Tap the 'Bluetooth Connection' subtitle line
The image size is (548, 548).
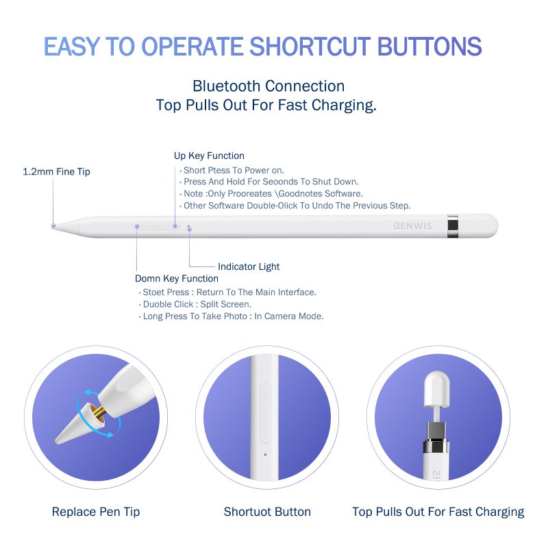pos(269,86)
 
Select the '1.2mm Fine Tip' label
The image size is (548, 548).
pos(56,172)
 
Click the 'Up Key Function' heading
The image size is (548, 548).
pos(209,156)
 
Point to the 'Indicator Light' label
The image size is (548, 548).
pos(249,266)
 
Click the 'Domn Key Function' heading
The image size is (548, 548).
pos(177,279)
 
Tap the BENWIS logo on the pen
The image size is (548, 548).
pos(412,226)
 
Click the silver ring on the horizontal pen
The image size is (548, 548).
pos(453,226)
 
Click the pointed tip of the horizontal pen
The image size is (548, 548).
pos(53,226)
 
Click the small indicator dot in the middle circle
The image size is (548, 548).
pos(265,454)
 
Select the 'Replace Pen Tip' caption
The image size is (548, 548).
pos(96,512)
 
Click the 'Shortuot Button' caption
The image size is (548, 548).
pos(267,512)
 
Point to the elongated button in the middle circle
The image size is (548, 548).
pos(266,414)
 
